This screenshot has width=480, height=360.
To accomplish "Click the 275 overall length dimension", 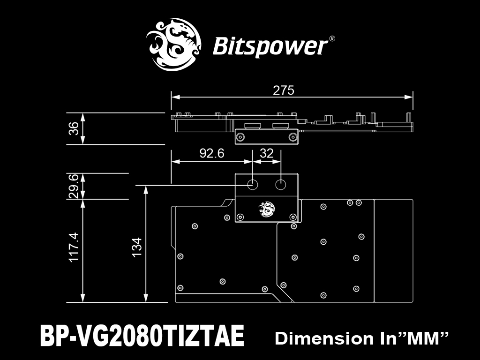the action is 283,90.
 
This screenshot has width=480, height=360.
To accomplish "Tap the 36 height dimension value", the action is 74,128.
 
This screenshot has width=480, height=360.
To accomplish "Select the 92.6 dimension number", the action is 212,153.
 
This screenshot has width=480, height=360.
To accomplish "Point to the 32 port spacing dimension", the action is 266,153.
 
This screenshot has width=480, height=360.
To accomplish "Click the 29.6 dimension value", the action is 74,186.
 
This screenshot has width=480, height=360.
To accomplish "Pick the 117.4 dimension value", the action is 74,247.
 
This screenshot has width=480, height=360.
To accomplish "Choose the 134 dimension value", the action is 137,247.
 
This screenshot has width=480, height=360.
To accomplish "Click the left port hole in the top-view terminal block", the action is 253,185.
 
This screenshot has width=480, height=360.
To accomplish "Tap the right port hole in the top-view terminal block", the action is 280,185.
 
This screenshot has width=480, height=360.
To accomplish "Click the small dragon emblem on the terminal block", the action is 267,210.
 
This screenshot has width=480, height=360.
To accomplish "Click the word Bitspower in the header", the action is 270,46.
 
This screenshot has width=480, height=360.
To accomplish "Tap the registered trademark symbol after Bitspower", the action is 332,38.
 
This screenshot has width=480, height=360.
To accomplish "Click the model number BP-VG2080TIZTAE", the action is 142,335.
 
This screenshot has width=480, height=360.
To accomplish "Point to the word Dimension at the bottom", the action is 324,338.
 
